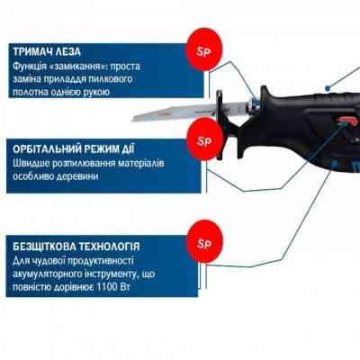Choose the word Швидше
(32, 164)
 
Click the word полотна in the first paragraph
(34, 94)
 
